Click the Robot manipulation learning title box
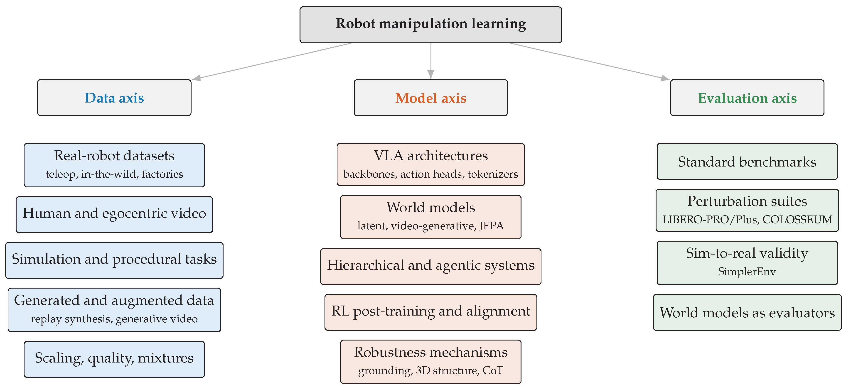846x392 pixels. point(430,25)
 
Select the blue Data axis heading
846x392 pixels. point(114,98)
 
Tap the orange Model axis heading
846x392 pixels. point(430,98)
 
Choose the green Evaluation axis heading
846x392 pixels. point(747,98)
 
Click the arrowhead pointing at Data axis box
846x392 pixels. point(196,78)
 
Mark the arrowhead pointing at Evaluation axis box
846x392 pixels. point(665,78)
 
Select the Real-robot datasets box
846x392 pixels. point(114,165)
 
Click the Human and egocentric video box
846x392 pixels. point(114,215)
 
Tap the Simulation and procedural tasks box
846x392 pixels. point(114,260)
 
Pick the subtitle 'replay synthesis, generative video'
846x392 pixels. point(114,319)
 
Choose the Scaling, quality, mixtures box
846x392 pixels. point(114,359)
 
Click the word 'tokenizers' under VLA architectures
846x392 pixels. point(493,174)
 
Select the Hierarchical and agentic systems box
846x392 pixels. point(430,267)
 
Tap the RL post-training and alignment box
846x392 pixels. point(430,312)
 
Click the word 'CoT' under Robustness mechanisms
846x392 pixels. point(493,370)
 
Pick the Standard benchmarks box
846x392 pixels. point(747,161)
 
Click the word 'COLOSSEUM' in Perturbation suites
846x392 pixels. point(797,219)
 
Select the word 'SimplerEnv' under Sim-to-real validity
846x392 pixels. point(747,272)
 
